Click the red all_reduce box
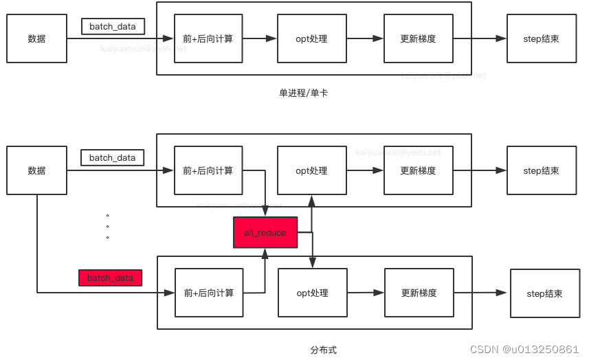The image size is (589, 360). tap(265, 233)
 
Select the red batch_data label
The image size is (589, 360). tap(110, 278)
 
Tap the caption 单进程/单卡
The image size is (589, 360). tap(303, 93)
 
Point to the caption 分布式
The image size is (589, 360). tap(323, 350)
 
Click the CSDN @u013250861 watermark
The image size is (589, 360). tap(524, 349)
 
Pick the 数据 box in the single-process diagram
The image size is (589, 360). tap(36, 39)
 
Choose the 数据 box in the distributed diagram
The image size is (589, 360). tap(36, 170)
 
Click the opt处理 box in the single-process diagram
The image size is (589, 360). tap(311, 39)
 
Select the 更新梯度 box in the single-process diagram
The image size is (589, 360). tap(418, 39)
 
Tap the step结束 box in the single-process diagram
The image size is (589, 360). tap(541, 39)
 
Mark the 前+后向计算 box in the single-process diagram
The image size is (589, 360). tap(208, 39)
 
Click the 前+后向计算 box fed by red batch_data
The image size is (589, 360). tap(208, 293)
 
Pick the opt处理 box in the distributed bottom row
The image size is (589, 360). tap(312, 293)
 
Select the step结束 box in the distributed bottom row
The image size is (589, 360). tap(544, 293)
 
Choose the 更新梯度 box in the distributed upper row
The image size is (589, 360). tap(418, 170)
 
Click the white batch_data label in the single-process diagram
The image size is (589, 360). tap(113, 27)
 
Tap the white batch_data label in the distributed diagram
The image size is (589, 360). tap(113, 157)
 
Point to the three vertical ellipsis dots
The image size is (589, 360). tap(108, 226)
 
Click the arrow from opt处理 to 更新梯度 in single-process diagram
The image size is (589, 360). tap(364, 39)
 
